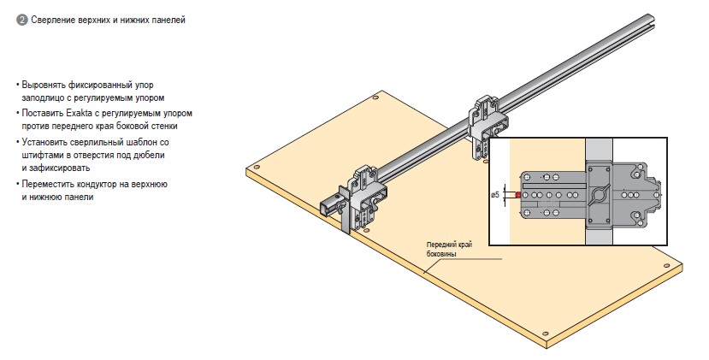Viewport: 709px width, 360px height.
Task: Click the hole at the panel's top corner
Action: (x=380, y=100)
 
